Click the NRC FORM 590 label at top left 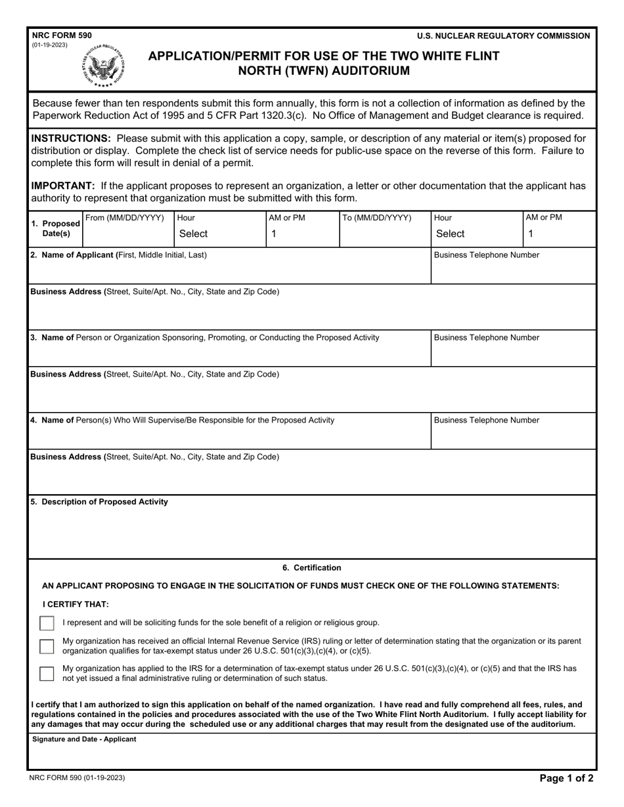tap(61, 35)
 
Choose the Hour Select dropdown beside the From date tap(219, 234)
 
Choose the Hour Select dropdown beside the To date tap(476, 234)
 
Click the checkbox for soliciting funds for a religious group tap(47, 623)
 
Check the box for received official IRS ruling tap(47, 646)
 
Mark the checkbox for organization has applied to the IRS tap(47, 673)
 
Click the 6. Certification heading tap(312, 568)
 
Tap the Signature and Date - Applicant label tap(84, 739)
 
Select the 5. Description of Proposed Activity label tap(99, 502)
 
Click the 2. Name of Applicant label tap(118, 255)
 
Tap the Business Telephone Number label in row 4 tap(487, 420)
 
